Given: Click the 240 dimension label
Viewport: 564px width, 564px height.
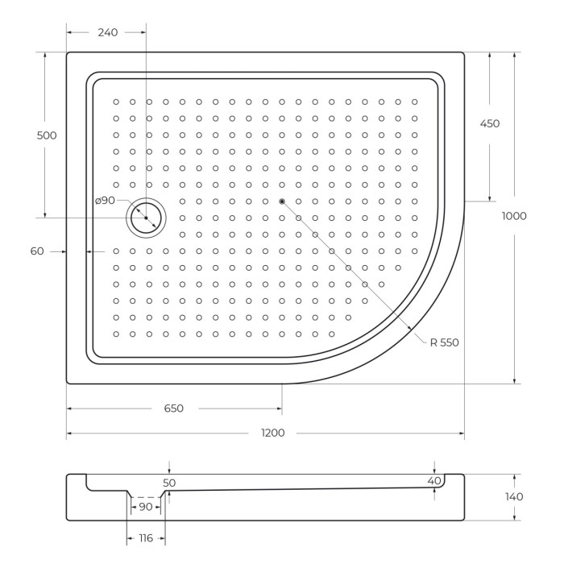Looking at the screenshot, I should (x=107, y=32).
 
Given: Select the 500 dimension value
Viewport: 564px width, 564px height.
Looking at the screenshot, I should (x=47, y=135).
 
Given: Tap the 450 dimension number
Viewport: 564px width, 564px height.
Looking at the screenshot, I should (x=489, y=123).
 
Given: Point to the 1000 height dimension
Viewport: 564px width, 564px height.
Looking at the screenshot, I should (x=513, y=216).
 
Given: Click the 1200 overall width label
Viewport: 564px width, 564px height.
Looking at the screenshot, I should (x=272, y=433).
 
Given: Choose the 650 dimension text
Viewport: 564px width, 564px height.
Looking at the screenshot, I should (x=173, y=408).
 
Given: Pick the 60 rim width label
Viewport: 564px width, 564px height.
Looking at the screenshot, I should (x=37, y=251).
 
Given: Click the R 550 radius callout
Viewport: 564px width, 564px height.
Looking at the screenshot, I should (x=443, y=342).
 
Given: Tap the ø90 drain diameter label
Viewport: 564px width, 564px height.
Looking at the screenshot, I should (x=105, y=200).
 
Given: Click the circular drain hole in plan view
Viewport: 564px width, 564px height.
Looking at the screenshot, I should (x=146, y=218).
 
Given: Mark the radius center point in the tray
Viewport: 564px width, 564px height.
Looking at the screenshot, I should (x=281, y=201).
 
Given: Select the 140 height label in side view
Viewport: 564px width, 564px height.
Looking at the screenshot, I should (x=513, y=496).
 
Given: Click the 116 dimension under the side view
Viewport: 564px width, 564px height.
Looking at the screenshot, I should (x=146, y=537).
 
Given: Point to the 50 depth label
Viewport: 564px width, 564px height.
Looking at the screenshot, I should (x=169, y=483).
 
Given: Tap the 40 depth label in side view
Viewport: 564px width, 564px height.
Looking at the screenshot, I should (x=435, y=481).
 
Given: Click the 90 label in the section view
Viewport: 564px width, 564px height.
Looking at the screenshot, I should (x=146, y=507).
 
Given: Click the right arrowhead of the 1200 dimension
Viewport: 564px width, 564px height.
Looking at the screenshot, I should (x=462, y=433).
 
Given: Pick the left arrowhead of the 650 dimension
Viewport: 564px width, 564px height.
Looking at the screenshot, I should (x=69, y=408).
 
